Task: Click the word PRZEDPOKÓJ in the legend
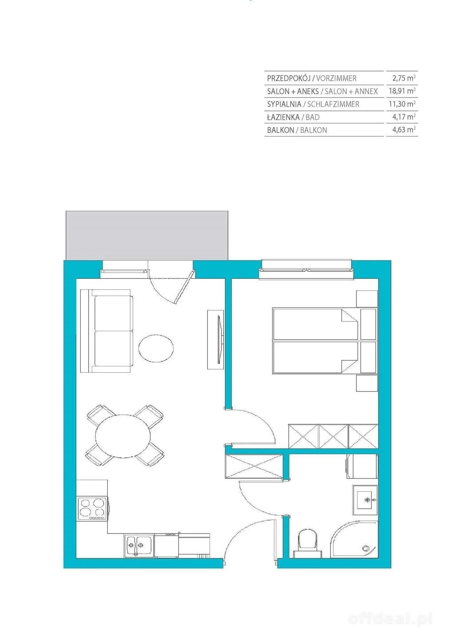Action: pos(288,78)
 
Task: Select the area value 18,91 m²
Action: pos(402,91)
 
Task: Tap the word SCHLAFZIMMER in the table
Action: pos(333,104)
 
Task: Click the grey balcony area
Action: pos(147,235)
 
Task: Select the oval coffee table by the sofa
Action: pos(156,348)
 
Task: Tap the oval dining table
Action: pos(123,436)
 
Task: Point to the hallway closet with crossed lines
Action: pos(254,466)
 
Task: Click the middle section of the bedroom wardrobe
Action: pos(333,436)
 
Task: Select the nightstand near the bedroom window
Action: pos(367,299)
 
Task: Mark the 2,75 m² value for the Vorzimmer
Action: pos(404,78)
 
